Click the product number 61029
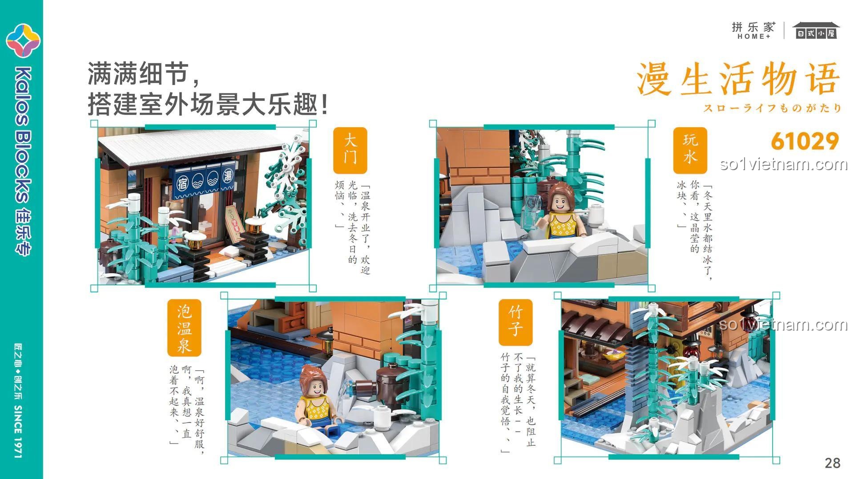click(x=805, y=141)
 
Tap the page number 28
click(x=833, y=463)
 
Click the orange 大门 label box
click(x=350, y=150)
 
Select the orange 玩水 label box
click(x=690, y=150)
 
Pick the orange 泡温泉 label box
click(x=184, y=328)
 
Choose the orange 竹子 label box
click(x=516, y=322)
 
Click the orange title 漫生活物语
click(x=738, y=79)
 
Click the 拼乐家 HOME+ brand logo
click(x=753, y=30)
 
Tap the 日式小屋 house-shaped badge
click(x=816, y=30)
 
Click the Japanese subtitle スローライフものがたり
click(x=772, y=108)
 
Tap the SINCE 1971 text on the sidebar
click(x=18, y=431)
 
